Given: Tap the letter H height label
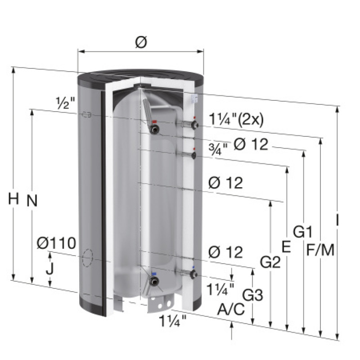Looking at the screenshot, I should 14,198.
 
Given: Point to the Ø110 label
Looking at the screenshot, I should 56,243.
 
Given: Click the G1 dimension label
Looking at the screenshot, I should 303,232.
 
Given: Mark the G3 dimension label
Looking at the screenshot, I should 252,295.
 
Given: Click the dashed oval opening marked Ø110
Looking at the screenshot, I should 88,259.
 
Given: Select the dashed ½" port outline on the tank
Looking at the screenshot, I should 87,115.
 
